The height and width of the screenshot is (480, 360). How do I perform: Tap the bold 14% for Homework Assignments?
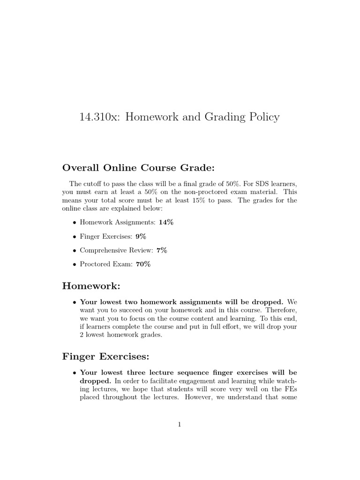click(x=166, y=222)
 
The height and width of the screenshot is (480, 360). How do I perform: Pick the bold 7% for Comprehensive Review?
click(x=162, y=250)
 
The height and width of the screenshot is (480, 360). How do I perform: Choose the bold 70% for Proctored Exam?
click(x=143, y=264)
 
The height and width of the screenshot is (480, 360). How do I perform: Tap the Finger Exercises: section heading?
click(x=105, y=357)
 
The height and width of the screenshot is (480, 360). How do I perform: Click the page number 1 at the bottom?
click(x=180, y=425)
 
